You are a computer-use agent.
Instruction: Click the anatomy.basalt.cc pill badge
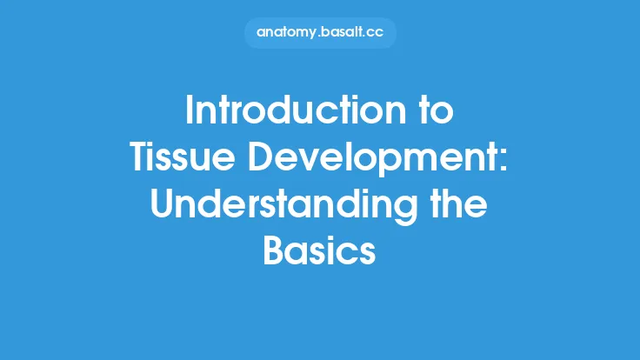319,33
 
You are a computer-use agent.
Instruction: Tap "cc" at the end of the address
379,33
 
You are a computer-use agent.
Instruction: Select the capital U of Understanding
166,205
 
